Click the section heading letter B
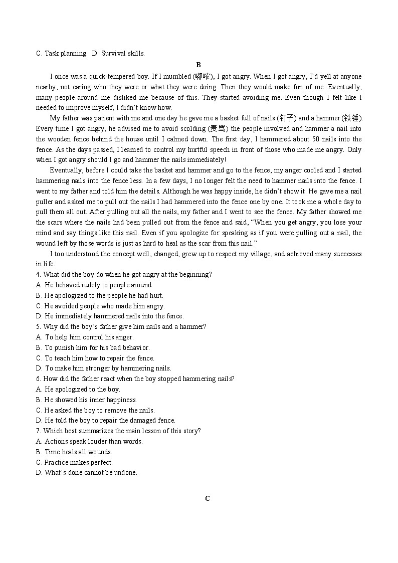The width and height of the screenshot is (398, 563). pos(198,65)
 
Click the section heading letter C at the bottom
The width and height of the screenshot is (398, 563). pos(207,498)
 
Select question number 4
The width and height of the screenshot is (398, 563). pos(38,275)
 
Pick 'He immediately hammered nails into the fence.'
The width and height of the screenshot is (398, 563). pos(110,316)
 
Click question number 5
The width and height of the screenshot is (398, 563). pos(38,327)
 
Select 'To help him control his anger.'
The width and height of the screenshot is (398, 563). pos(85,337)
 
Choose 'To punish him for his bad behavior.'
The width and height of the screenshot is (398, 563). pos(92,348)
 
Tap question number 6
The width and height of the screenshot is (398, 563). pos(38,379)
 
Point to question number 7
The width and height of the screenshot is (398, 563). pos(38,431)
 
